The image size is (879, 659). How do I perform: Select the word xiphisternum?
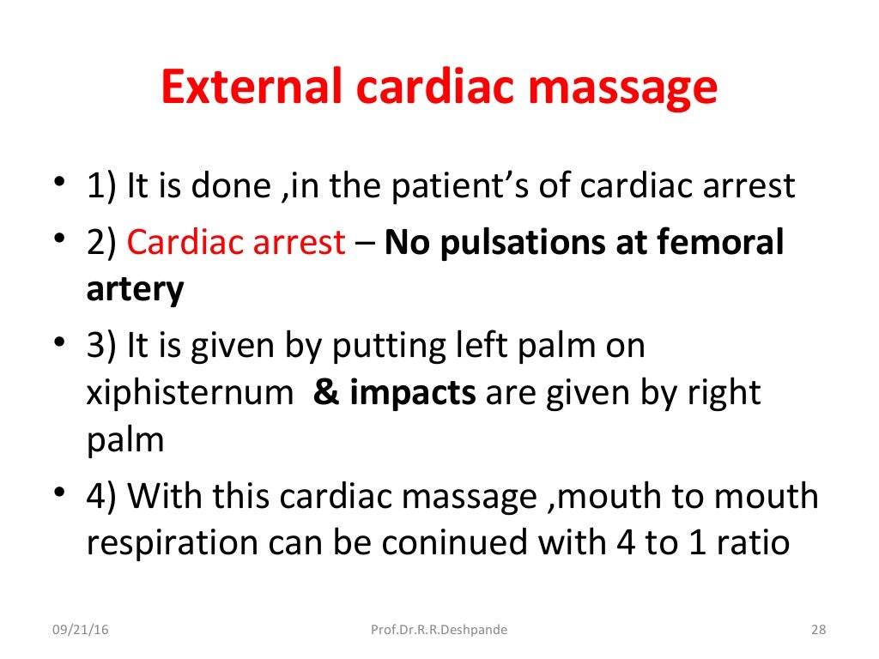tap(189, 392)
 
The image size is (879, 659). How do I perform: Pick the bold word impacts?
tap(416, 392)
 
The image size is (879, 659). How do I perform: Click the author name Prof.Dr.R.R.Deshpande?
tap(439, 631)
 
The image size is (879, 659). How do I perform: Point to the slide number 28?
tap(818, 631)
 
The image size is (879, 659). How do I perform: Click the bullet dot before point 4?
tap(58, 495)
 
